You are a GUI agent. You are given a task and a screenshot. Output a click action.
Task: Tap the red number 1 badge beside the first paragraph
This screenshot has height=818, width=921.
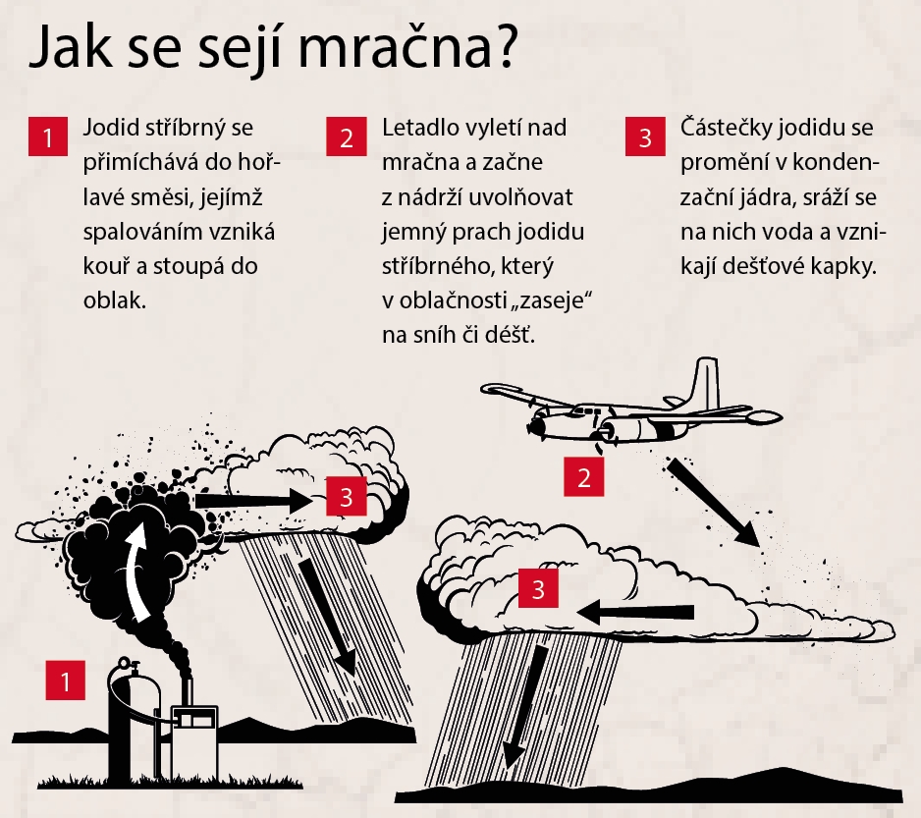(48, 136)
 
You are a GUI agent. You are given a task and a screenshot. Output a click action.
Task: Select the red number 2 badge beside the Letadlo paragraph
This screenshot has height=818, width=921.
(347, 136)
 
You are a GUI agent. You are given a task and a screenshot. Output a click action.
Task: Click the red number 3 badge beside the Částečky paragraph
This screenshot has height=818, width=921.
(645, 136)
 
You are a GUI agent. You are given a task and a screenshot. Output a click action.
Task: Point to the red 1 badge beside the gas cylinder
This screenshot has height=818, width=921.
(65, 681)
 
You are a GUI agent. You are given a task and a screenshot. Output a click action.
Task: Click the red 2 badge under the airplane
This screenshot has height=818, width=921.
(584, 476)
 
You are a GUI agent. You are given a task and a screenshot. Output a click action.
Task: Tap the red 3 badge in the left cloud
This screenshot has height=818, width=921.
(347, 497)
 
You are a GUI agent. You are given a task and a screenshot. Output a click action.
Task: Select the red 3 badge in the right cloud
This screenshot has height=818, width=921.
(538, 588)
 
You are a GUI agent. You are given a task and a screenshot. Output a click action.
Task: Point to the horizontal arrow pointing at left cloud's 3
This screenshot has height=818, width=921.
(253, 501)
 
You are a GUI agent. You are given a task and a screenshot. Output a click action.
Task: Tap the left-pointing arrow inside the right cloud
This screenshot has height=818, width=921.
(635, 613)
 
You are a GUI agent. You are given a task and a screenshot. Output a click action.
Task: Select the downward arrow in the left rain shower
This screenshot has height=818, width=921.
(329, 616)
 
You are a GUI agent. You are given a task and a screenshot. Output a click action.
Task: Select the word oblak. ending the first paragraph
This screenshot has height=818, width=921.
(115, 300)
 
